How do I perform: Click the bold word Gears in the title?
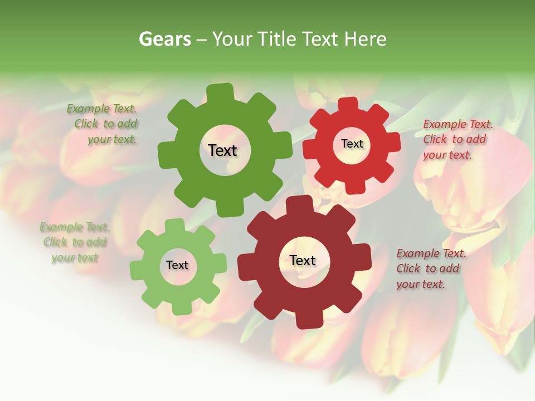coord(165,39)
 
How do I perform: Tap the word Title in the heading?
coord(276,39)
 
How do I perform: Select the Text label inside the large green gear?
coord(222,150)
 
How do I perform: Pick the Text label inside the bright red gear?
coord(352,144)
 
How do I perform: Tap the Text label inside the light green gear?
coord(177,265)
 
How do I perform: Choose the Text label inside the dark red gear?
coord(303,260)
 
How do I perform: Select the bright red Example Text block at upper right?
coord(458,139)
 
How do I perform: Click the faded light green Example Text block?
coord(75,242)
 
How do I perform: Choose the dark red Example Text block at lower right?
coord(431,268)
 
